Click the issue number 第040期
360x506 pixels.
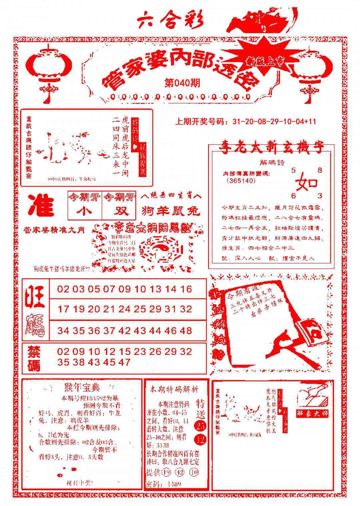click(182, 83)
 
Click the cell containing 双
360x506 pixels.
click(119, 211)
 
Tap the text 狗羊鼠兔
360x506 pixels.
click(171, 211)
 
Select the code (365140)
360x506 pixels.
click(241, 181)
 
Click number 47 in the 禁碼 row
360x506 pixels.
click(124, 362)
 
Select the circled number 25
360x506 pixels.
click(201, 426)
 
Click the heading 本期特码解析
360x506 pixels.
click(174, 389)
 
